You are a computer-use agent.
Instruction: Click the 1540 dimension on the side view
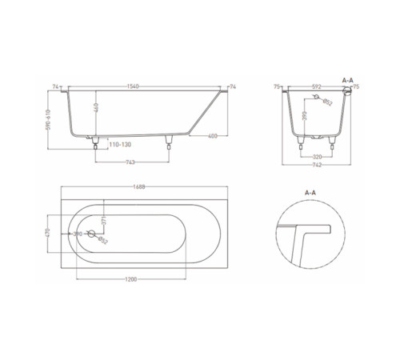pos(144,86)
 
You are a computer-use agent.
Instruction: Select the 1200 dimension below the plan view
pos(133,279)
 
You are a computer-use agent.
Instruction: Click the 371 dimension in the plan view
pos(105,221)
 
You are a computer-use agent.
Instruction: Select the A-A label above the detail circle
pos(311,193)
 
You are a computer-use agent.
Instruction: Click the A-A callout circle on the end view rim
pos(346,91)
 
